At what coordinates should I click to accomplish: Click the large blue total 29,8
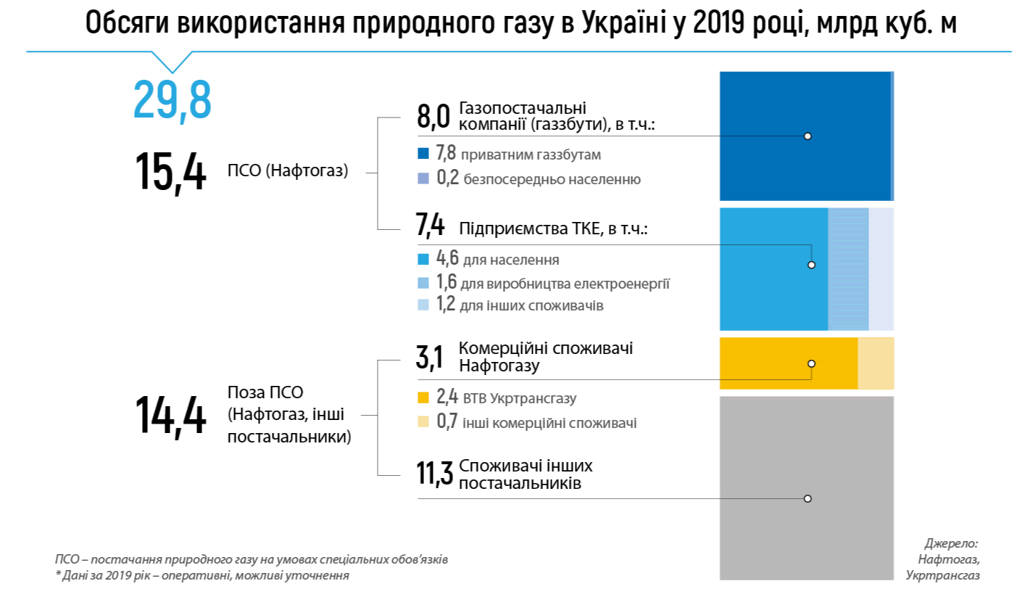(173, 101)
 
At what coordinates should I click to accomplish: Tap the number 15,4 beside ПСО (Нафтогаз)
(171, 172)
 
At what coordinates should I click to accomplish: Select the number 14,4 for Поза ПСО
(171, 416)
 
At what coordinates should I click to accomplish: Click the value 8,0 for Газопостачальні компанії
(433, 116)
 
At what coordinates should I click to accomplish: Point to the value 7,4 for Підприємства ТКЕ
(430, 226)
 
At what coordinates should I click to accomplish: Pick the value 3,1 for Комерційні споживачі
(431, 355)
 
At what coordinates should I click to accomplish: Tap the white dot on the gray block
(808, 498)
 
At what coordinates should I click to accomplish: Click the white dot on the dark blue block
(808, 136)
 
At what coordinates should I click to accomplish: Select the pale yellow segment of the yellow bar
(876, 363)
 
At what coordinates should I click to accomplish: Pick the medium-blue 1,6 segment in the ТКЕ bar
(848, 269)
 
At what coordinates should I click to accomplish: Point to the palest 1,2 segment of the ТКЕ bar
(881, 269)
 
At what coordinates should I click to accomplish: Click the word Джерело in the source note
(952, 543)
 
